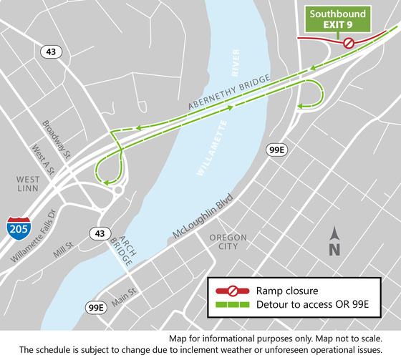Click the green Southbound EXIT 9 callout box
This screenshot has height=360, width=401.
(338, 19)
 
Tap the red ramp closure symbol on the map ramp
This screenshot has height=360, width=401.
(349, 43)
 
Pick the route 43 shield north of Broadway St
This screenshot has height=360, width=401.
(49, 52)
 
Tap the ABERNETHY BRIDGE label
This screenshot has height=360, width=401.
(229, 92)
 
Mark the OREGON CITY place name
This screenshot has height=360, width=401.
(228, 242)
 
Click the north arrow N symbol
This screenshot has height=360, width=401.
(334, 241)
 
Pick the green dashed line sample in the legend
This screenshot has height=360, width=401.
(233, 306)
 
